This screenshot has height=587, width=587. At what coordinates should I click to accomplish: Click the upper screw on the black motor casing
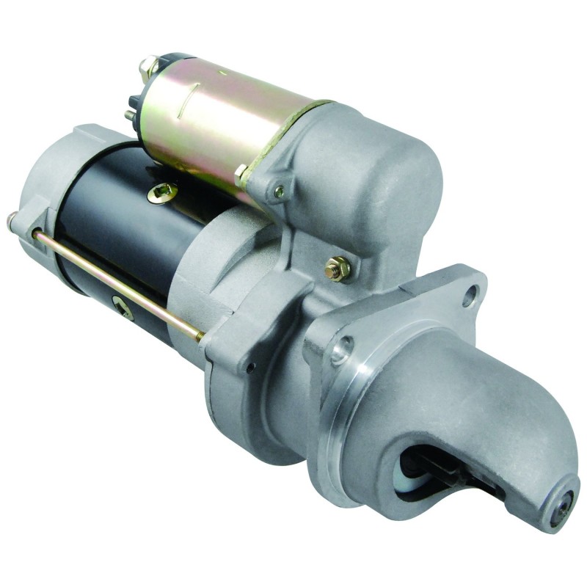162,193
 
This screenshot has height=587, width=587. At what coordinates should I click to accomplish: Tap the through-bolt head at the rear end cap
13,217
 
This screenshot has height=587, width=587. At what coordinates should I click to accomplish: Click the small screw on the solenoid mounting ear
279,193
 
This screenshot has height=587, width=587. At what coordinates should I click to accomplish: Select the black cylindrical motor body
117,220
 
